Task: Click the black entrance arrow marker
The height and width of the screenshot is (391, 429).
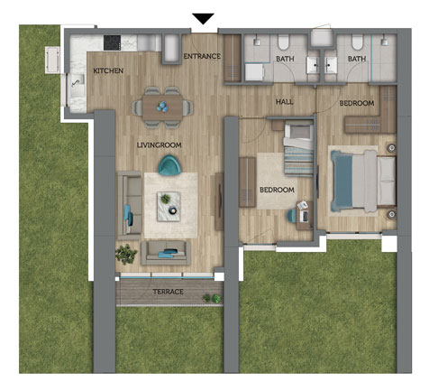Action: pos(203,19)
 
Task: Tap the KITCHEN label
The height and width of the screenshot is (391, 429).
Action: pos(108,70)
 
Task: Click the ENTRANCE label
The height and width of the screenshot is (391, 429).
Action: pos(202,56)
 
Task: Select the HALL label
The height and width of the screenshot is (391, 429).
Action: pos(285,102)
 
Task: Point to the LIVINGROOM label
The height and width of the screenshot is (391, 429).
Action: pos(159,145)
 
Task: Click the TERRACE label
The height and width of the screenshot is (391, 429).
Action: pos(168,292)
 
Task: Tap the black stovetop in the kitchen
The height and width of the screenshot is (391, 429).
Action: pos(112,42)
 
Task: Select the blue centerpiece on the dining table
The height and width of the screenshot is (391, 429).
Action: pos(162,107)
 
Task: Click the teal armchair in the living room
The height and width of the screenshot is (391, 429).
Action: pos(169,165)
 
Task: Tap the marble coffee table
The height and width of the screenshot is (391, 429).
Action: pos(169,207)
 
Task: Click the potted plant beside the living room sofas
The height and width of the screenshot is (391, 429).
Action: pos(126,254)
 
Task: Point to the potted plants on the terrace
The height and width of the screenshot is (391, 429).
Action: pos(212,298)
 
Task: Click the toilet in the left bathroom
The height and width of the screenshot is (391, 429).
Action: pos(283,42)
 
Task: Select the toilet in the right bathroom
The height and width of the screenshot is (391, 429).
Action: pos(357,42)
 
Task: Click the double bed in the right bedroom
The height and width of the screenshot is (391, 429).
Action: pos(363,182)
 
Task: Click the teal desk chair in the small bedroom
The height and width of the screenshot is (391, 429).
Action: pos(291,216)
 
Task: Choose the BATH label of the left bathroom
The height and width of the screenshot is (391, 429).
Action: pos(285,59)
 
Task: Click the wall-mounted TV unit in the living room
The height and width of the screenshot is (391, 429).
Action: pos(219,201)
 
